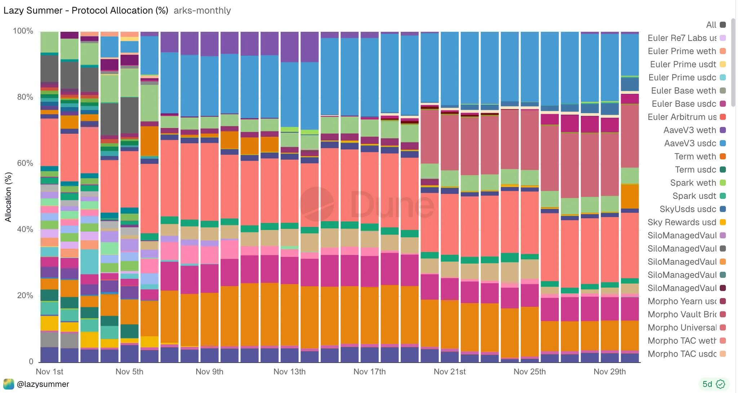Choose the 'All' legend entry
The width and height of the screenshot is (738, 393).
[711, 25]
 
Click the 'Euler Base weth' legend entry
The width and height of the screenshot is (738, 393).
[683, 90]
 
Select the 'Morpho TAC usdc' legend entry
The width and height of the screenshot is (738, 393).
[682, 354]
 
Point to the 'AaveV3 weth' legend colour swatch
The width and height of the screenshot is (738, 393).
[723, 130]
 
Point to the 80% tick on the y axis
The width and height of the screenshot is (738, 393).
[25, 97]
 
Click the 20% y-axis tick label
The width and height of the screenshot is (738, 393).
[25, 295]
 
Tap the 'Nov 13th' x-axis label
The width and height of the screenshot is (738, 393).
[289, 371]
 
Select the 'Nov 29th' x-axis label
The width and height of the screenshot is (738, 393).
[609, 371]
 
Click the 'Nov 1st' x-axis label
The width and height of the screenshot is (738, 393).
[49, 371]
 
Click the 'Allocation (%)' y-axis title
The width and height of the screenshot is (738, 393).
[8, 197]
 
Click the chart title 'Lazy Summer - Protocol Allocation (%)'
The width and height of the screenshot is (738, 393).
[86, 10]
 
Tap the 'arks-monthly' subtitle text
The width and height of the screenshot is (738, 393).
[202, 10]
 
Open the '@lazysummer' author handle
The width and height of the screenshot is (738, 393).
[43, 384]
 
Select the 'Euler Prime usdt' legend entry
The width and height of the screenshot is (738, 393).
[683, 64]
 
